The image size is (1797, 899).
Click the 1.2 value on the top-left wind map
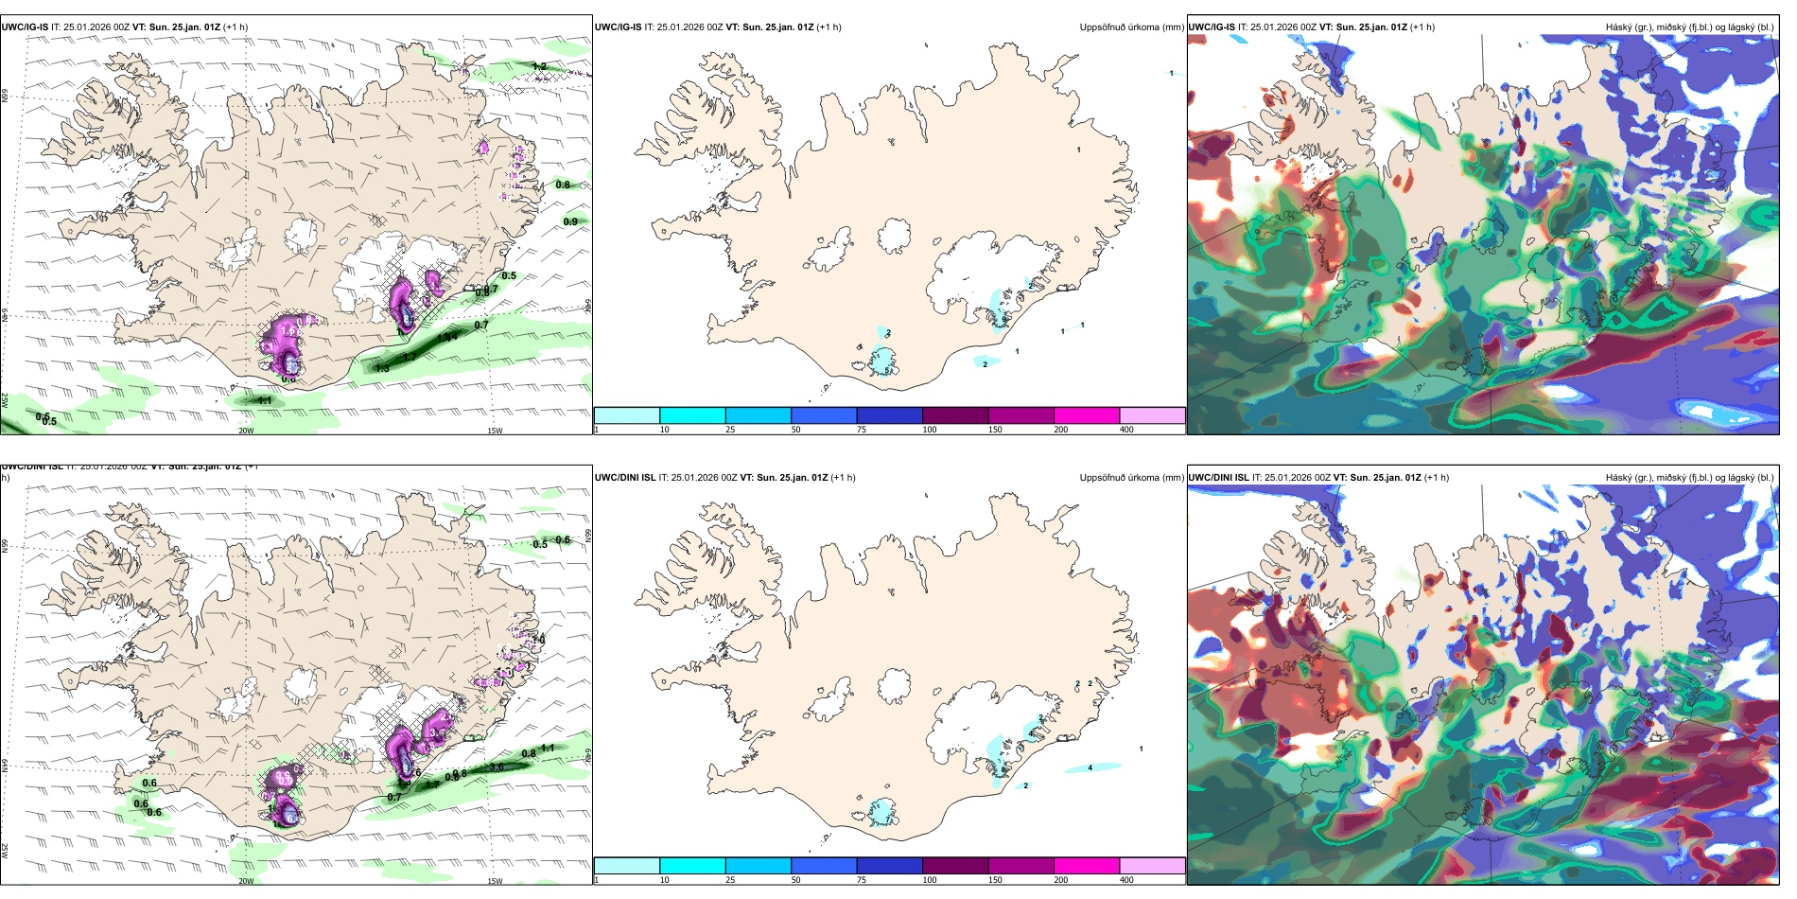pyautogui.click(x=539, y=66)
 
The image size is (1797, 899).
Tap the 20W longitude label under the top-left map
pyautogui.click(x=246, y=431)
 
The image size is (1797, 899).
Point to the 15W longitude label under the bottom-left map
pyautogui.click(x=495, y=881)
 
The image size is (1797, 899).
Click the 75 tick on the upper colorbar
pyautogui.click(x=862, y=430)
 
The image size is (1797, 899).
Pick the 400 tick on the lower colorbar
pyautogui.click(x=1126, y=880)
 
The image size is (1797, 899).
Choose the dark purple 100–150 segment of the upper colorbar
pyautogui.click(x=955, y=415)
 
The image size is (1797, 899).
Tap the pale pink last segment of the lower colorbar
pyautogui.click(x=1152, y=866)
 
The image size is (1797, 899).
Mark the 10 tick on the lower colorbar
pyautogui.click(x=664, y=880)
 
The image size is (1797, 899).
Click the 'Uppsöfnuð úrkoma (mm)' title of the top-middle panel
pyautogui.click(x=1131, y=27)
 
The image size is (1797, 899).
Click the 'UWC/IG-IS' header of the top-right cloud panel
pyautogui.click(x=1212, y=27)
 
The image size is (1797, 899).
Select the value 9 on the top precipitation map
pyautogui.click(x=887, y=371)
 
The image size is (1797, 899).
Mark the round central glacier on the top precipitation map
pyautogui.click(x=895, y=236)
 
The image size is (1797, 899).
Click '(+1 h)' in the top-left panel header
pyautogui.click(x=236, y=27)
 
